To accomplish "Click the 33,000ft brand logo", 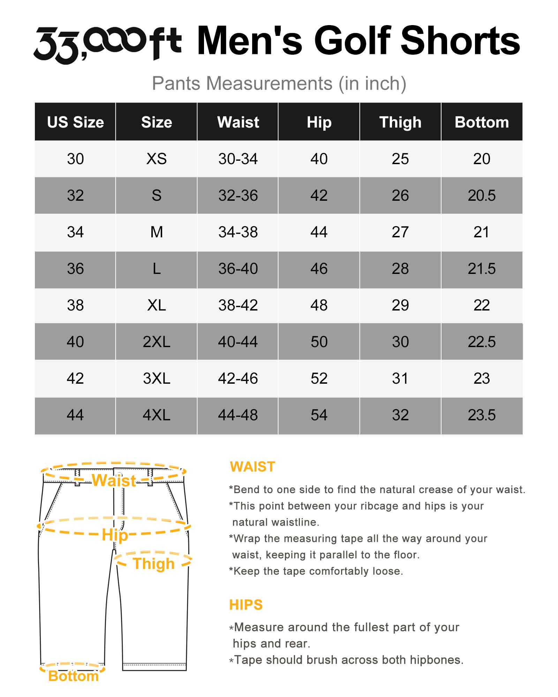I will point(107,44).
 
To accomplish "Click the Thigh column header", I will point(400,122).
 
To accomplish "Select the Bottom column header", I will point(482,122).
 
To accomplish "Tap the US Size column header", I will point(75,122).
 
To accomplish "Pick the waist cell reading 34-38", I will point(238,232).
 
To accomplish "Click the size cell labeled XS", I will point(157,159).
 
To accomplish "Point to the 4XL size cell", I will point(157,415).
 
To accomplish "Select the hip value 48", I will point(319,305).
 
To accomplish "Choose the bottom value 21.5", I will point(482,269).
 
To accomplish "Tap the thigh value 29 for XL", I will point(400,305).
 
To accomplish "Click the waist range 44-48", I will point(238,415).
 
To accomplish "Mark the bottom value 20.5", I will point(482,196).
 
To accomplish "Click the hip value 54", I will point(319,415).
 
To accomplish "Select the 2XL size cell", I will point(157,342).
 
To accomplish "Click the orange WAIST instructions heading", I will point(252,467).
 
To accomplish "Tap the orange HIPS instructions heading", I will point(246,605).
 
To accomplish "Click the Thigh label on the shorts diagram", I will point(153,564).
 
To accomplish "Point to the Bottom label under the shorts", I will point(73,676).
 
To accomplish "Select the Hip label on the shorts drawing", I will point(115,535).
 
